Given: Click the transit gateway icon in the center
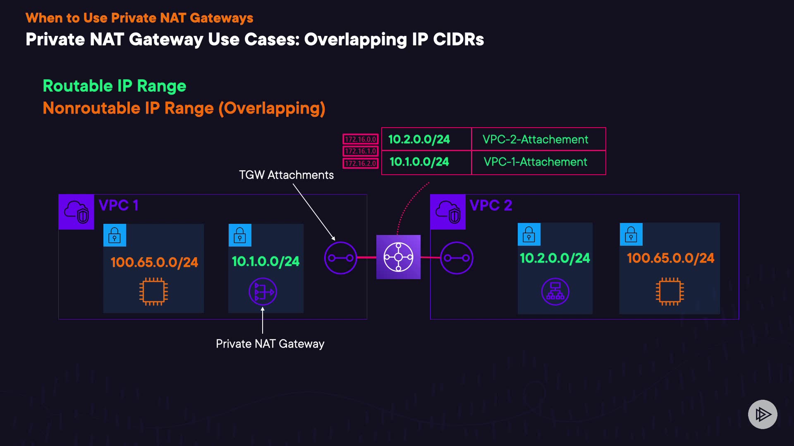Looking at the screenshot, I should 398,257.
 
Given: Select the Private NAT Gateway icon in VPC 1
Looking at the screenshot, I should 263,292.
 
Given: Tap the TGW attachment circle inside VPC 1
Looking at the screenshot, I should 340,258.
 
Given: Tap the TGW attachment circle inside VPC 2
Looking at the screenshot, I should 457,258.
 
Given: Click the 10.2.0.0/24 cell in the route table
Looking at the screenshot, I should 419,140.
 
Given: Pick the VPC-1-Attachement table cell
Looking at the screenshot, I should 535,162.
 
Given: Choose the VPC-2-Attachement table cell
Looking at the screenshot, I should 535,140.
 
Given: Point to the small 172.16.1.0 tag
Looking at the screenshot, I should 360,151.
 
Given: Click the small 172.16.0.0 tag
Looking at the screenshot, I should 360,139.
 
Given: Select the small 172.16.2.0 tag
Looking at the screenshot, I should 360,163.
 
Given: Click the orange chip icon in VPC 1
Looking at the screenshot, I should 153,292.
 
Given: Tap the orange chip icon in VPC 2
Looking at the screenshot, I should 670,292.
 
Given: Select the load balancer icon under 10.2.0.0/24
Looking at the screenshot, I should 555,292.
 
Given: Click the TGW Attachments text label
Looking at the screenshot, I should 286,175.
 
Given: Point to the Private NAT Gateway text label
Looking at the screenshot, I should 270,344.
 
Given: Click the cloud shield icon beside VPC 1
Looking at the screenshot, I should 77,211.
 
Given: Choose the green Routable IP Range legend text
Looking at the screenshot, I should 115,86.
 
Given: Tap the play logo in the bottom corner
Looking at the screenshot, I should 763,414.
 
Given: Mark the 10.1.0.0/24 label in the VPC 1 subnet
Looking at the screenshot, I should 265,261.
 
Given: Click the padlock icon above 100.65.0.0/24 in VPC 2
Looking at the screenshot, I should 631,234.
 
